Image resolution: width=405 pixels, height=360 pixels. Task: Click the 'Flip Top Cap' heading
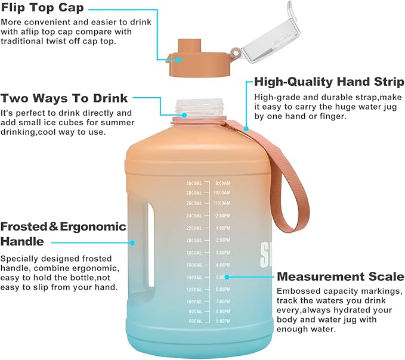point(42,8)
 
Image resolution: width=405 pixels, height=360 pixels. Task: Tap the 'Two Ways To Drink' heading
point(64,98)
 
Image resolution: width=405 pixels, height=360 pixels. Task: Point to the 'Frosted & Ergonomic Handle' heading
point(63,234)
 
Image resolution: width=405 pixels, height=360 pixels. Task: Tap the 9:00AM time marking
point(223,184)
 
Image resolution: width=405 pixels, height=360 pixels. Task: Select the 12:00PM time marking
point(223,216)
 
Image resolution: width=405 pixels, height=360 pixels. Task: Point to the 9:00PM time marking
point(223,321)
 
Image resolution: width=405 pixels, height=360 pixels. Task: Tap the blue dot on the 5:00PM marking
point(228,277)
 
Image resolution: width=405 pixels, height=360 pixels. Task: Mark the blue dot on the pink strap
point(246,127)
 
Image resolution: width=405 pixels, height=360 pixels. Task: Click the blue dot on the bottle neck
point(184,114)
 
